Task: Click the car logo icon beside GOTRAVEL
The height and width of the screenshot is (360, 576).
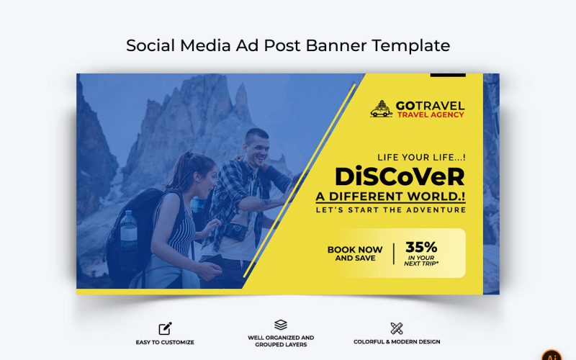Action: point(382,109)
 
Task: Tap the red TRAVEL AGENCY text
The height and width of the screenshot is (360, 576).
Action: point(431,115)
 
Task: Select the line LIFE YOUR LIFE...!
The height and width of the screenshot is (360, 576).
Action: point(421,157)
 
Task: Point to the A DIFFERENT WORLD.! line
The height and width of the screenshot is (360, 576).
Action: point(390,197)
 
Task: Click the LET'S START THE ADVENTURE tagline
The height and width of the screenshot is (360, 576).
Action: point(390,210)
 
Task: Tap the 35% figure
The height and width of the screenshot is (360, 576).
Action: point(421,247)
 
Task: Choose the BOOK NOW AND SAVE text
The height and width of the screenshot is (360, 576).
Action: point(355,253)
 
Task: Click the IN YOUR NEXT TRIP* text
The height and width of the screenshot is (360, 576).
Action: point(421,261)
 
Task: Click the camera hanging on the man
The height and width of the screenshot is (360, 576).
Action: point(235,231)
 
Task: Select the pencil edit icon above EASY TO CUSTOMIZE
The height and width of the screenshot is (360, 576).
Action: point(165,328)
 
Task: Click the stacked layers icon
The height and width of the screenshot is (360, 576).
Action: point(281,325)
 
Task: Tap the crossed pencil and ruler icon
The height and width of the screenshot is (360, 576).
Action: point(397,328)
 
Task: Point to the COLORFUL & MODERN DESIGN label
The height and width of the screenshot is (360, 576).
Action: point(397,342)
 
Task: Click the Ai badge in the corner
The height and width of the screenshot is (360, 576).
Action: point(552,354)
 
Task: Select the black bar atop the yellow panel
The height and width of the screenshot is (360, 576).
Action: point(448,75)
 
